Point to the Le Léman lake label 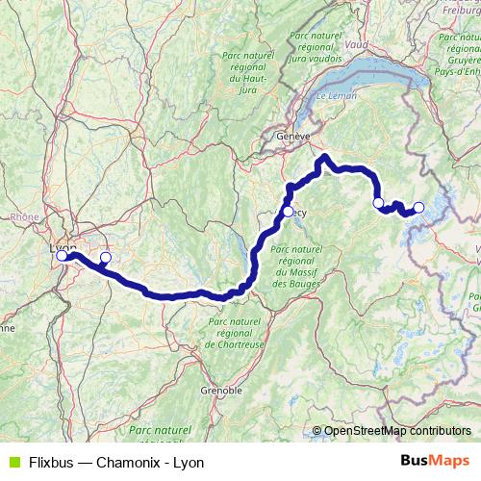[337, 97]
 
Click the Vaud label [356, 44]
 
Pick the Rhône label [24, 217]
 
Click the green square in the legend [11, 462]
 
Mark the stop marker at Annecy [288, 212]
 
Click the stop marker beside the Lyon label [63, 256]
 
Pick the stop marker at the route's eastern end [418, 207]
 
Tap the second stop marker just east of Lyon [106, 258]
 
